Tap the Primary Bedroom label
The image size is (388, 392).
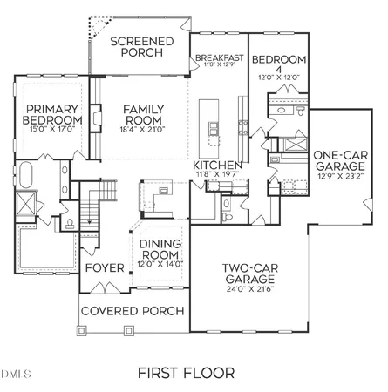click(51, 115)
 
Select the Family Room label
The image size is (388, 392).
click(144, 115)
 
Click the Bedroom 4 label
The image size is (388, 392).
click(276, 66)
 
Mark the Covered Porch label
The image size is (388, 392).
click(133, 311)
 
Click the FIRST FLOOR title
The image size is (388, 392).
click(186, 373)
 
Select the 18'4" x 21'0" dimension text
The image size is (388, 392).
click(144, 131)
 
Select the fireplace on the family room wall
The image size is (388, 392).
click(97, 122)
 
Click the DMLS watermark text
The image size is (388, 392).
click(17, 375)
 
